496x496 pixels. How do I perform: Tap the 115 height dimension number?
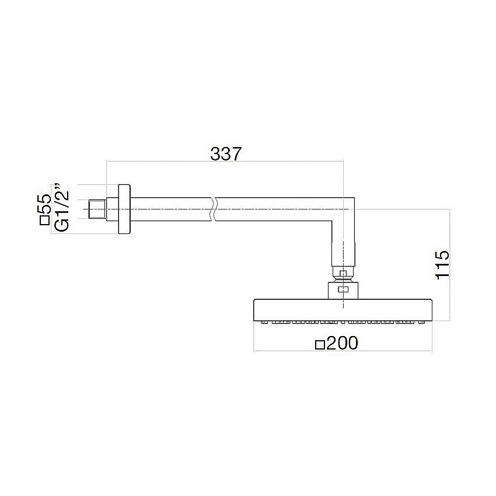click(x=442, y=266)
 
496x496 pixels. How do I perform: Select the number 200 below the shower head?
click(x=341, y=344)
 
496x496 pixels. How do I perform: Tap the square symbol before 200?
click(x=319, y=344)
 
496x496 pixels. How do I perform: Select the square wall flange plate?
click(x=124, y=209)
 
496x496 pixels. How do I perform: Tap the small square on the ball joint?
click(x=344, y=273)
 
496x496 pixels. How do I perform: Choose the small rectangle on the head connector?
click(x=344, y=289)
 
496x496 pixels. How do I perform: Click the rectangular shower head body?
click(x=342, y=309)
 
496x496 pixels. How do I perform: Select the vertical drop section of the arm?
click(x=343, y=245)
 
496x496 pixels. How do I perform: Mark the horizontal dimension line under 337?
click(x=225, y=162)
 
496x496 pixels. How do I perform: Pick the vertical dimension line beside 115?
click(x=450, y=266)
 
